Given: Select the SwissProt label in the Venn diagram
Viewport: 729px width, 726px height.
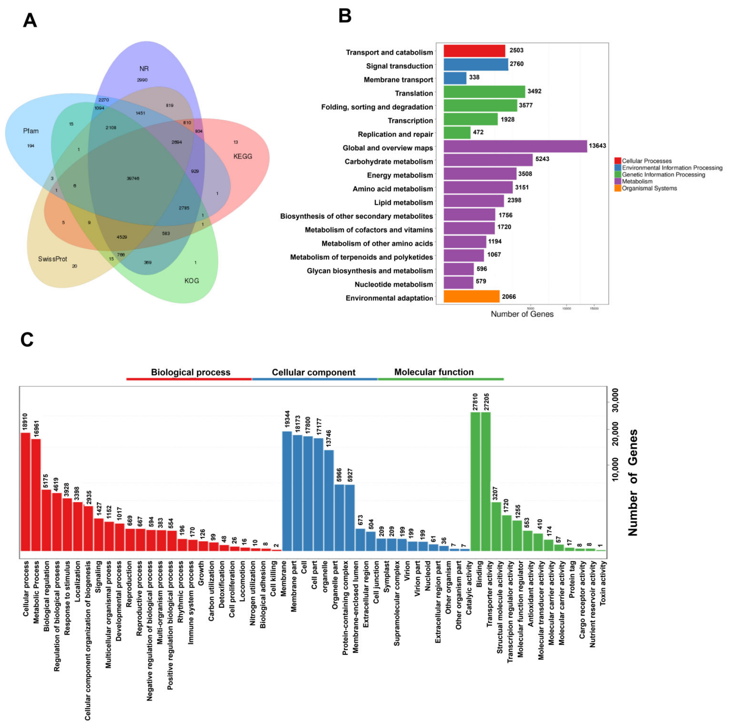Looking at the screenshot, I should pyautogui.click(x=52, y=259).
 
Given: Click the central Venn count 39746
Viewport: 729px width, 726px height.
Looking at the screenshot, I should pyautogui.click(x=133, y=178).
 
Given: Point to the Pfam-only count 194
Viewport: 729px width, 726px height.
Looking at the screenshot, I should pyautogui.click(x=31, y=146).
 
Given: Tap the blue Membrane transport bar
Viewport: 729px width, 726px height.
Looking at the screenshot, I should pyautogui.click(x=455, y=78).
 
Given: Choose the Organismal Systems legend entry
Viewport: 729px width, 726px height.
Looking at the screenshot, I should pyautogui.click(x=649, y=188).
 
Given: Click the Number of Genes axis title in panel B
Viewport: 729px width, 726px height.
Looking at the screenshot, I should pyautogui.click(x=522, y=314).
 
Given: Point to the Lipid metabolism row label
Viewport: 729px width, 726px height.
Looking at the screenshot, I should pyautogui.click(x=403, y=203).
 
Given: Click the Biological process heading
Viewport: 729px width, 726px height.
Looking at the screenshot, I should pyautogui.click(x=191, y=372).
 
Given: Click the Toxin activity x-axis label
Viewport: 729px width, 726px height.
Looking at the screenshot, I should pyautogui.click(x=603, y=583).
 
